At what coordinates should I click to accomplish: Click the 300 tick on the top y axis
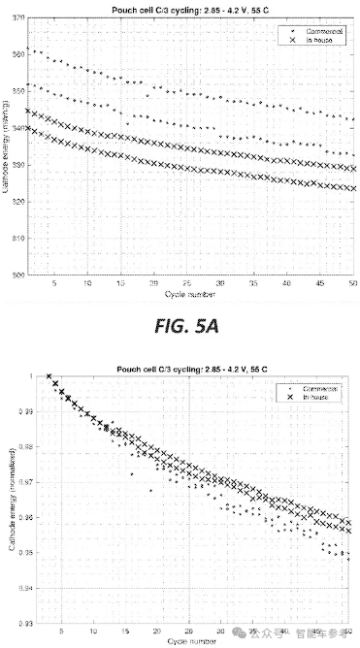click(x=17, y=275)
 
